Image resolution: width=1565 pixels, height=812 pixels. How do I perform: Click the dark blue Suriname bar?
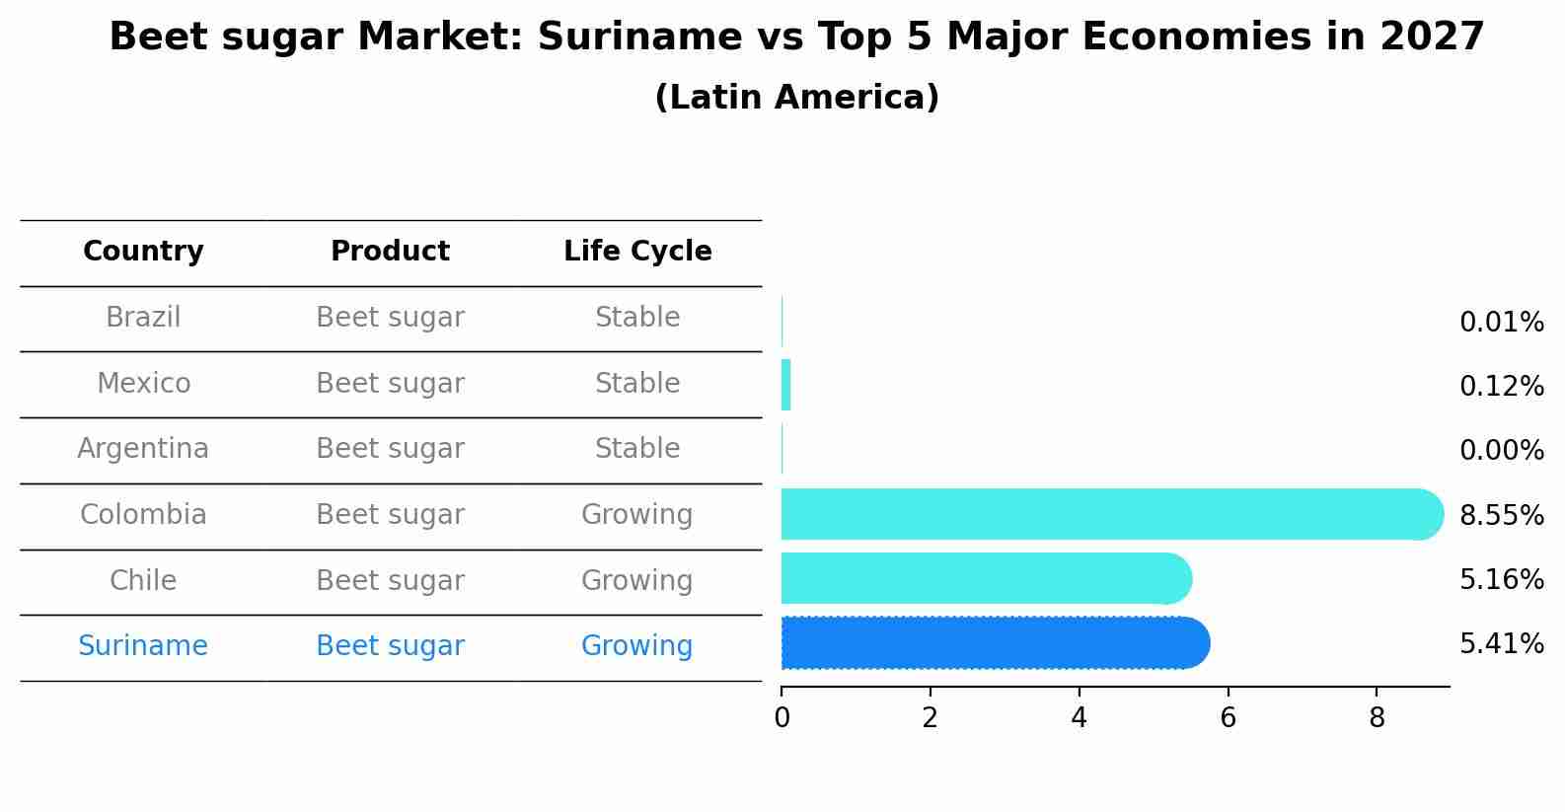pos(995,643)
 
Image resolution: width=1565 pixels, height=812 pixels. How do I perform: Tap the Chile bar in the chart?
pos(986,578)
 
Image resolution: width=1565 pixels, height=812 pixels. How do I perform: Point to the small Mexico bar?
pos(785,385)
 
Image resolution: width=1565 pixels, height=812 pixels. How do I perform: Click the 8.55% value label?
pos(1501,515)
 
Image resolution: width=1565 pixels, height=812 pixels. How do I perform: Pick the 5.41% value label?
pos(1501,644)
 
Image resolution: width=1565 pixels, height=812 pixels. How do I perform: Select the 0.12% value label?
pos(1501,387)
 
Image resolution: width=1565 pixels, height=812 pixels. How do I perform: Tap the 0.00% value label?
pos(1501,451)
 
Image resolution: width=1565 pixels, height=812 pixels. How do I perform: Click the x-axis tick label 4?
pos(1079,718)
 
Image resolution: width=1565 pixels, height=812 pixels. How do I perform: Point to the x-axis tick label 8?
pos(1377,718)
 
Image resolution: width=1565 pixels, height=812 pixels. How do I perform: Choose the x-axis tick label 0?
pos(782,718)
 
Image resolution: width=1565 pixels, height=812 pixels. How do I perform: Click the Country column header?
pos(143,252)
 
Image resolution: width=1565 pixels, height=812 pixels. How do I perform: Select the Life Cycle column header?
pos(637,252)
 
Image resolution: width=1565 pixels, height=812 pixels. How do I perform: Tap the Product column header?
pos(390,252)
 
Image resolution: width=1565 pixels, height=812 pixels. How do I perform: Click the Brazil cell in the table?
pos(143,318)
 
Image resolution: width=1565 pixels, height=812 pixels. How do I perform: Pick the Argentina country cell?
pos(143,449)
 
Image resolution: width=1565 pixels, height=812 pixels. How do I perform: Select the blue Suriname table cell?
pos(143,646)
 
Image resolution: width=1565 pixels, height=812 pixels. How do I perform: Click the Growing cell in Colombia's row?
pos(636,515)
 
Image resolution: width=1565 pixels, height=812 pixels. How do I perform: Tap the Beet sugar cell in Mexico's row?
pos(390,384)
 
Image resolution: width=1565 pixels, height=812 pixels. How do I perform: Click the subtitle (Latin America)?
pos(796,98)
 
